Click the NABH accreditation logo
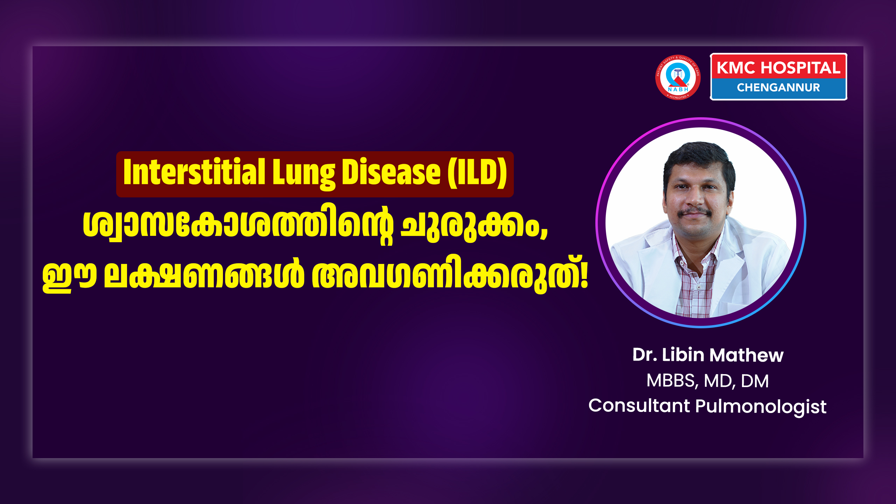tap(678, 77)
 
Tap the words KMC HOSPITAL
tap(778, 68)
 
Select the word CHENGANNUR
tap(778, 87)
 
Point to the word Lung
tap(303, 174)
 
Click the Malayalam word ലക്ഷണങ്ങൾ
tap(204, 275)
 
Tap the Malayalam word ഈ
tap(69, 276)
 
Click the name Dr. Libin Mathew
tap(708, 355)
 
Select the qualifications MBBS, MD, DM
tap(707, 381)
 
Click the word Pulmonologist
tap(761, 407)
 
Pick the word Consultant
tap(639, 406)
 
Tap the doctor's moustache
tap(694, 212)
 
